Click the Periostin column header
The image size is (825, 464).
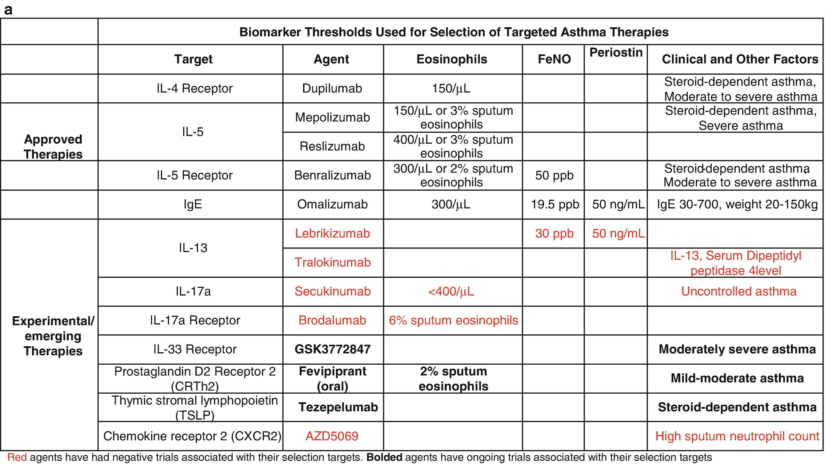(616, 53)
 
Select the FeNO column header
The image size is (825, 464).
(554, 59)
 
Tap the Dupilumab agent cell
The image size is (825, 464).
(332, 88)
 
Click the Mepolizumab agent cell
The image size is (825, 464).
(332, 117)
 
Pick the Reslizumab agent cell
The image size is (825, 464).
(332, 146)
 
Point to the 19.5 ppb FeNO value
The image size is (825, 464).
(555, 204)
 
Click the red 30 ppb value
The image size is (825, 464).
(554, 234)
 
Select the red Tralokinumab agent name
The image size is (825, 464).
(332, 262)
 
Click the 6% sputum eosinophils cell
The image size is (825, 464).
(453, 320)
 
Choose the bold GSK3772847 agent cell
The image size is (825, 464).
(332, 349)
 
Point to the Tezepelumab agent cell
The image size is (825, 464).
(338, 407)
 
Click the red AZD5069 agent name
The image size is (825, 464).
(332, 436)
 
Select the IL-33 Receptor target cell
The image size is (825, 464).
(195, 349)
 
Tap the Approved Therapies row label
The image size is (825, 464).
(53, 147)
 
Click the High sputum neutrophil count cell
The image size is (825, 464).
(737, 436)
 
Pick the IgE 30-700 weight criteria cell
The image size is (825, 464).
(737, 204)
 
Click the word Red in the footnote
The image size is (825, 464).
(17, 457)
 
